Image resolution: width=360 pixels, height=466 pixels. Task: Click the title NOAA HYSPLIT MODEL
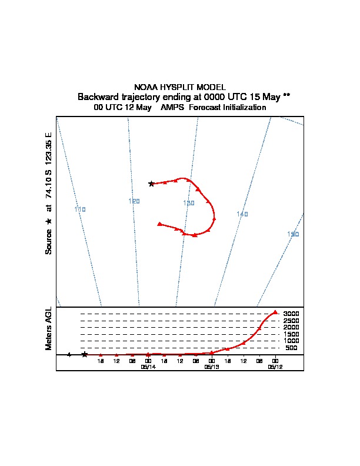click(x=180, y=86)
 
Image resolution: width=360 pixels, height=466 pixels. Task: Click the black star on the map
click(x=151, y=184)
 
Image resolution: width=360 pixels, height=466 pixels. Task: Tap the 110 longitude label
click(x=80, y=209)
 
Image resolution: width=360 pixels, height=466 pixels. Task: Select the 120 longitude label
click(x=134, y=201)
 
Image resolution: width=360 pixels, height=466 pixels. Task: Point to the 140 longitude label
click(x=242, y=214)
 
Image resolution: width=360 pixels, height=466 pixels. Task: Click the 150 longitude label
click(x=293, y=234)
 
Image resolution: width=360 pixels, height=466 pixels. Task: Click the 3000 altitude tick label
click(x=291, y=314)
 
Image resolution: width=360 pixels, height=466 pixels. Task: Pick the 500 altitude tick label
click(x=291, y=348)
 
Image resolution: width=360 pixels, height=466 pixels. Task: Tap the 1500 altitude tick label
click(x=291, y=334)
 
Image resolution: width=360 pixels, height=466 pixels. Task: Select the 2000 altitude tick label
click(x=291, y=327)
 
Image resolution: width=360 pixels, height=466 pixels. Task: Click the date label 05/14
click(x=148, y=367)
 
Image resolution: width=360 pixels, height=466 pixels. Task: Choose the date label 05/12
click(x=275, y=367)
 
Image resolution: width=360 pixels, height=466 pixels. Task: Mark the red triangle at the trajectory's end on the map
click(x=159, y=224)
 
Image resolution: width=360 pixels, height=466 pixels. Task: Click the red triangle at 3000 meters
click(x=275, y=312)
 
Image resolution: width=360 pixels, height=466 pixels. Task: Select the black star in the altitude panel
click(x=85, y=354)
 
